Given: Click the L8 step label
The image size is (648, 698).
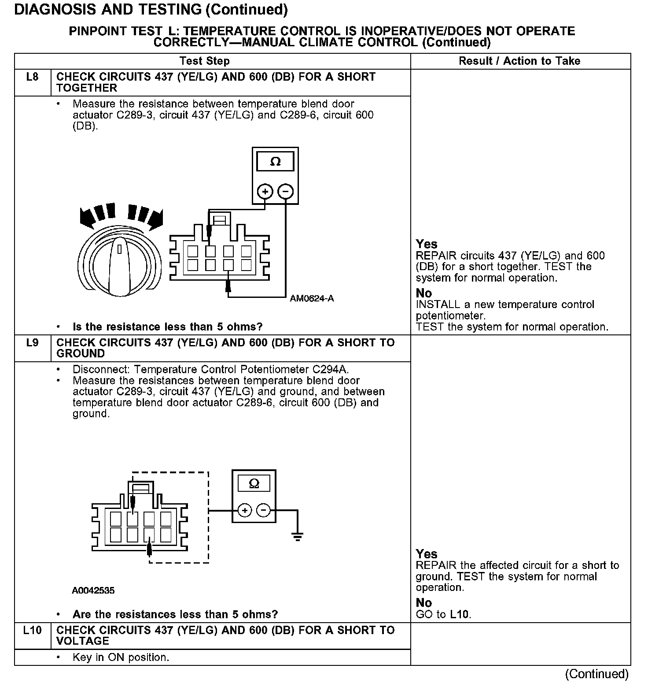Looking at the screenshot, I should [x=33, y=77].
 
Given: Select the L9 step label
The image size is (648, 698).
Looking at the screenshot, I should [x=33, y=343].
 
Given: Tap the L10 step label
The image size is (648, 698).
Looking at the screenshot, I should [x=33, y=631].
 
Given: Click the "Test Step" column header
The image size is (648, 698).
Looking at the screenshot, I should [x=205, y=61].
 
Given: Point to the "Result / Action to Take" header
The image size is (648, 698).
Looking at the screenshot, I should [x=519, y=61].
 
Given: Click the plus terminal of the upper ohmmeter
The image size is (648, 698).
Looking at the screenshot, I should [x=265, y=192].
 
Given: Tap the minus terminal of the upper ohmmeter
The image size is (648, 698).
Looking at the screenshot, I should [x=286, y=192].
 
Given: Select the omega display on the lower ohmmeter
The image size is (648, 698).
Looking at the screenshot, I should [x=254, y=483].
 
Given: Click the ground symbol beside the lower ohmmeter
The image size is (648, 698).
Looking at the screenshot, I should [x=298, y=536].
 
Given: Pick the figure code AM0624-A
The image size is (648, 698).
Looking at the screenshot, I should [x=312, y=299].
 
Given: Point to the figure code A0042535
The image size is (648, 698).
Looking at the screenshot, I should [x=93, y=590].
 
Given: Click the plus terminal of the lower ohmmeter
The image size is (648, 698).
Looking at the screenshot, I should [x=245, y=511].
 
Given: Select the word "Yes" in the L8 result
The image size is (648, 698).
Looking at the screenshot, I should [x=427, y=244].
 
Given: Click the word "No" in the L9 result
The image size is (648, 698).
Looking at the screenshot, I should [x=424, y=603].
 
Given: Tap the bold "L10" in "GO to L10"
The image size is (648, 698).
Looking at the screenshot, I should [x=460, y=615].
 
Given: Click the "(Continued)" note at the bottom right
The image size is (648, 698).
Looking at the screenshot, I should [x=597, y=674].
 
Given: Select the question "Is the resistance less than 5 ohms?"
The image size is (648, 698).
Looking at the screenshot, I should [x=167, y=327].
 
